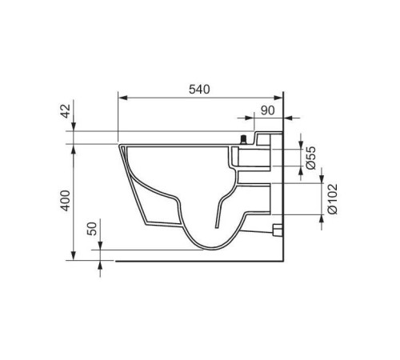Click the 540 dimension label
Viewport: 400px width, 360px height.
point(199,90)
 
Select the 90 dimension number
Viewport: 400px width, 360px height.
point(267,110)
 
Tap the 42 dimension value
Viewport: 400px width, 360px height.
point(66,111)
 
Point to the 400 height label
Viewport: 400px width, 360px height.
point(66,201)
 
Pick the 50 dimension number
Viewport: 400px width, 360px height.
point(93,229)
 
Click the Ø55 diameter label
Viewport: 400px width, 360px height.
point(311,158)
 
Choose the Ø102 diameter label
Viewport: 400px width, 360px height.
point(333,198)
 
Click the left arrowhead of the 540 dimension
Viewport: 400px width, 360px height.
point(123,98)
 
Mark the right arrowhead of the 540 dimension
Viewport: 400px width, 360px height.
point(278,98)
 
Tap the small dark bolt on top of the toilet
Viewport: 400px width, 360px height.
point(243,140)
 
